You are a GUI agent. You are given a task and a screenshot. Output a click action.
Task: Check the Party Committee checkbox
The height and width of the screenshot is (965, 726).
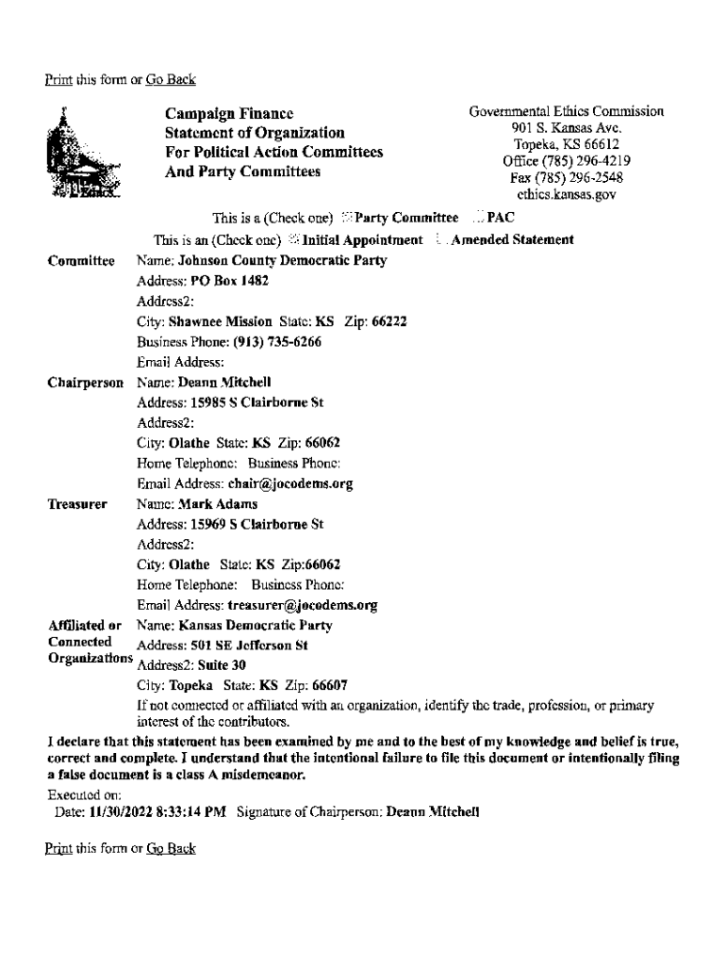pyautogui.click(x=347, y=219)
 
